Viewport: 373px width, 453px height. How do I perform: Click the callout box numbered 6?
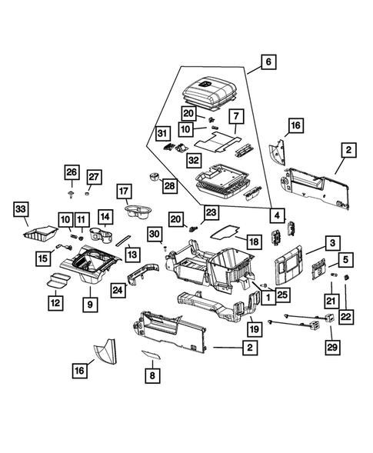click(266, 61)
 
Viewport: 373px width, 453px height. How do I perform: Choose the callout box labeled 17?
click(124, 191)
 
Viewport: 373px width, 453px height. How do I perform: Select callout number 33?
click(21, 209)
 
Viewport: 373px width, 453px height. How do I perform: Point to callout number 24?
click(118, 290)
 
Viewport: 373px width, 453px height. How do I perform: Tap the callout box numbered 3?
click(331, 244)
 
